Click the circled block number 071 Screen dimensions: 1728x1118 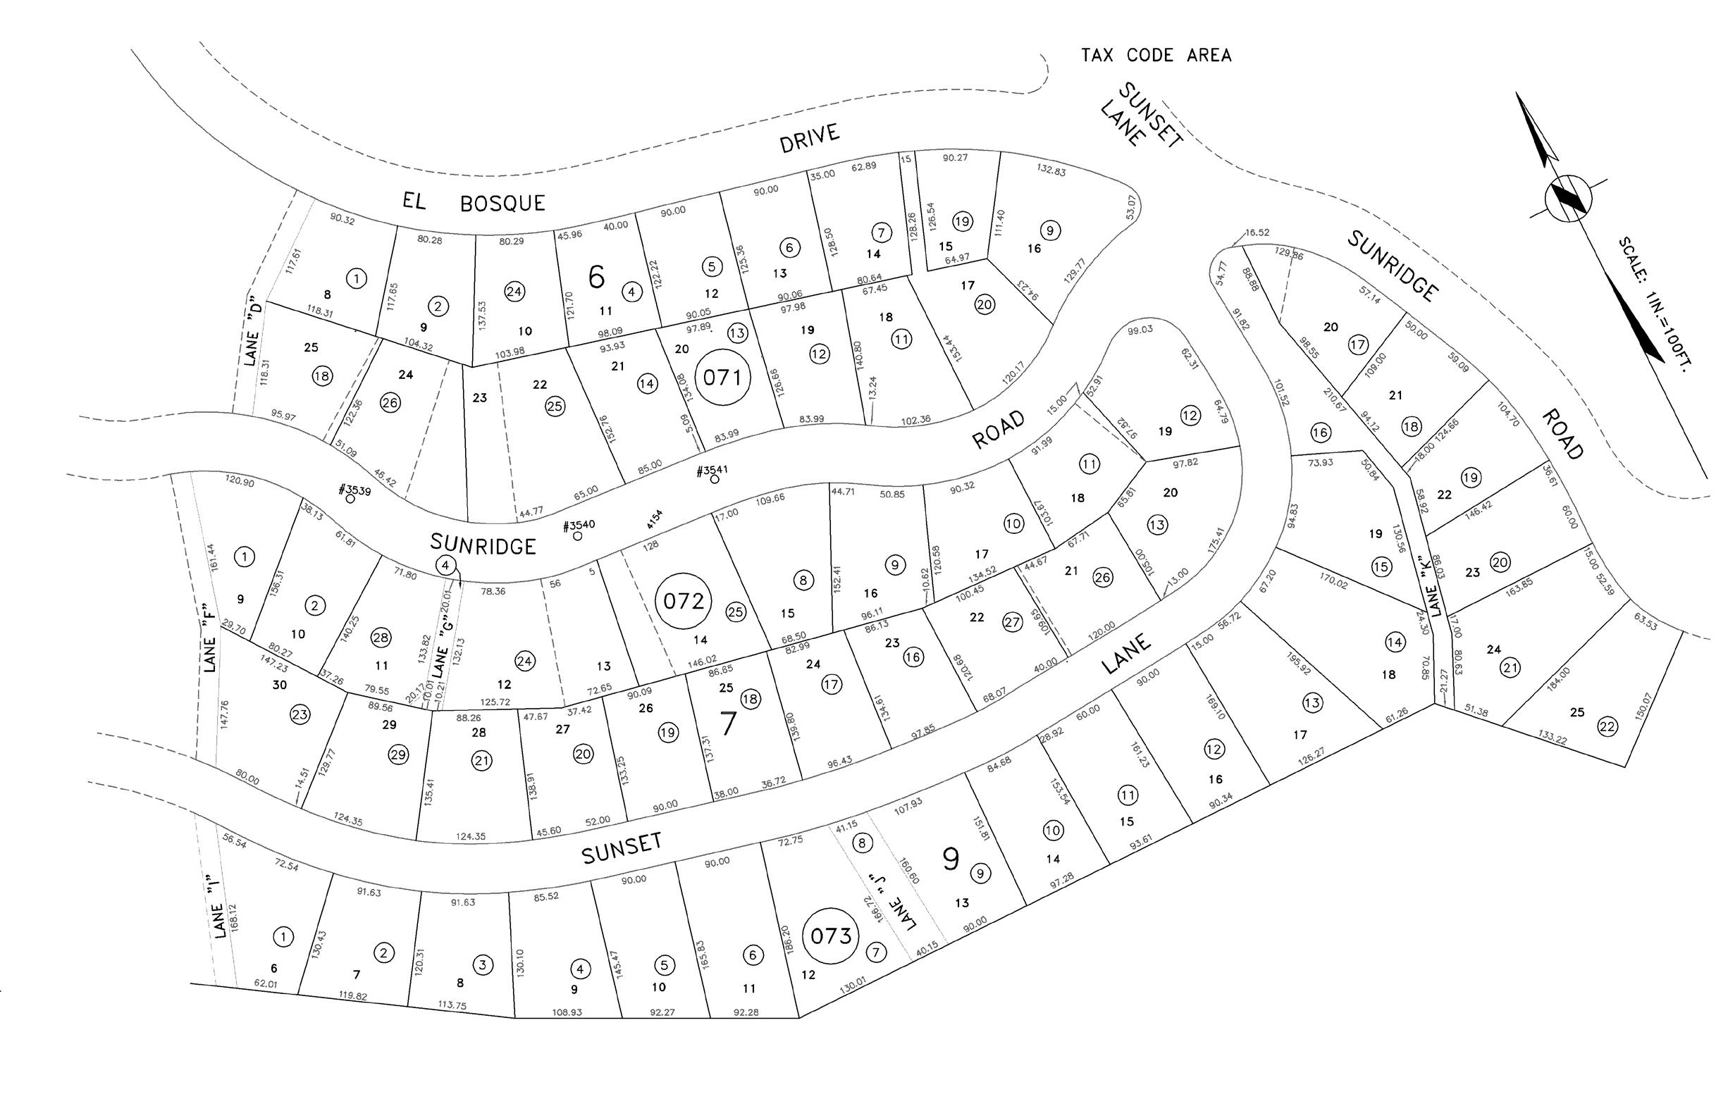click(722, 378)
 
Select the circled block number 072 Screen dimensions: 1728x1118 click(683, 601)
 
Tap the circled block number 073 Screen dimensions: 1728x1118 click(831, 936)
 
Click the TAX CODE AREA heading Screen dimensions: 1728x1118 click(1156, 55)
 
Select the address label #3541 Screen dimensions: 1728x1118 click(712, 471)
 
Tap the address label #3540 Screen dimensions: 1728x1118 click(579, 526)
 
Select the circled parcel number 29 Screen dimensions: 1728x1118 click(398, 755)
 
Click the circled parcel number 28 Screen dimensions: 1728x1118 click(381, 638)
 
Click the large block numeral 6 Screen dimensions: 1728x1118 click(596, 277)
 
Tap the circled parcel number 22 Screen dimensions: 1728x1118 click(1607, 727)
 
